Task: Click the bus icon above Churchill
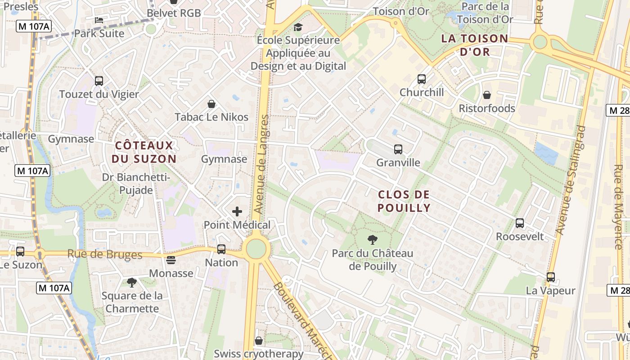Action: click(x=422, y=79)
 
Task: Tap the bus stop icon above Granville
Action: click(x=398, y=149)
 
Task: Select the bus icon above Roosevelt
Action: click(x=520, y=223)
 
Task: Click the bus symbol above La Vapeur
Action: click(x=551, y=277)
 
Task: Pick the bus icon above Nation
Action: click(x=221, y=249)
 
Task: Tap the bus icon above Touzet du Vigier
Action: click(x=99, y=81)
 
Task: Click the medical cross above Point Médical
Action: click(x=237, y=211)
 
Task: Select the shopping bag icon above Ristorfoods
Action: click(x=487, y=95)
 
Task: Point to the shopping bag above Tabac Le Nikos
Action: click(x=211, y=104)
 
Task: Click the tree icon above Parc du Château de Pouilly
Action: click(x=372, y=240)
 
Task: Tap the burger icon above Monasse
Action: click(x=171, y=260)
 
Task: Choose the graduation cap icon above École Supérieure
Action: click(x=298, y=27)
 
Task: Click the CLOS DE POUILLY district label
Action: click(x=404, y=201)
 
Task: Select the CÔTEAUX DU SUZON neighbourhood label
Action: click(x=144, y=152)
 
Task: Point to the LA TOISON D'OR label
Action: click(x=475, y=45)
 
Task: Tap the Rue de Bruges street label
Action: click(x=105, y=254)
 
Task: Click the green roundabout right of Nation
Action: click(x=256, y=249)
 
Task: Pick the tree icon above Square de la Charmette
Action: click(x=132, y=283)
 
